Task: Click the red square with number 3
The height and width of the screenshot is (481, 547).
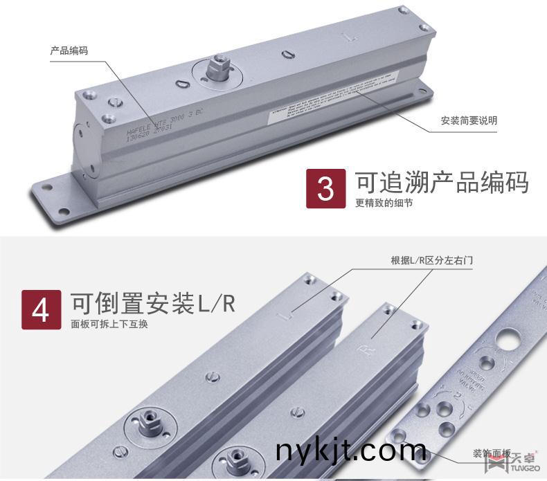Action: [325, 189]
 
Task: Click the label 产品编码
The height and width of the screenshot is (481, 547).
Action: [69, 51]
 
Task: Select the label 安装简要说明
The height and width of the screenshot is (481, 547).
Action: [469, 120]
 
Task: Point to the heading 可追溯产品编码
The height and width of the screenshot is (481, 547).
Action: [442, 181]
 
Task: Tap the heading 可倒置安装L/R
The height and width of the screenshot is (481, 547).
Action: [153, 303]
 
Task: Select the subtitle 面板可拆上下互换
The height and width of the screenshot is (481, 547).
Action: [109, 324]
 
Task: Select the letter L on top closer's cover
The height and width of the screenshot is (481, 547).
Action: [353, 34]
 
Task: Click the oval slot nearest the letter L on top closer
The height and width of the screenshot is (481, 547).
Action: [289, 53]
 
